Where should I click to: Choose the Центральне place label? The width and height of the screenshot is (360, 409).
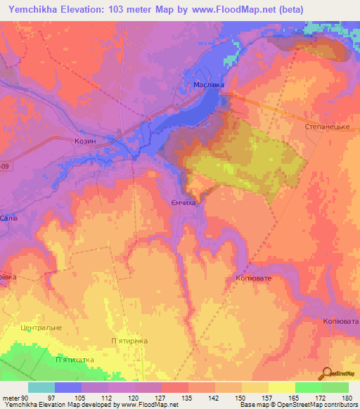coord(41,327)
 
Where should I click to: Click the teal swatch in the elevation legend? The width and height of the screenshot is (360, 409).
coord(41,387)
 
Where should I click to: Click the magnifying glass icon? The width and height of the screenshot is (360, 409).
coord(326,373)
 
